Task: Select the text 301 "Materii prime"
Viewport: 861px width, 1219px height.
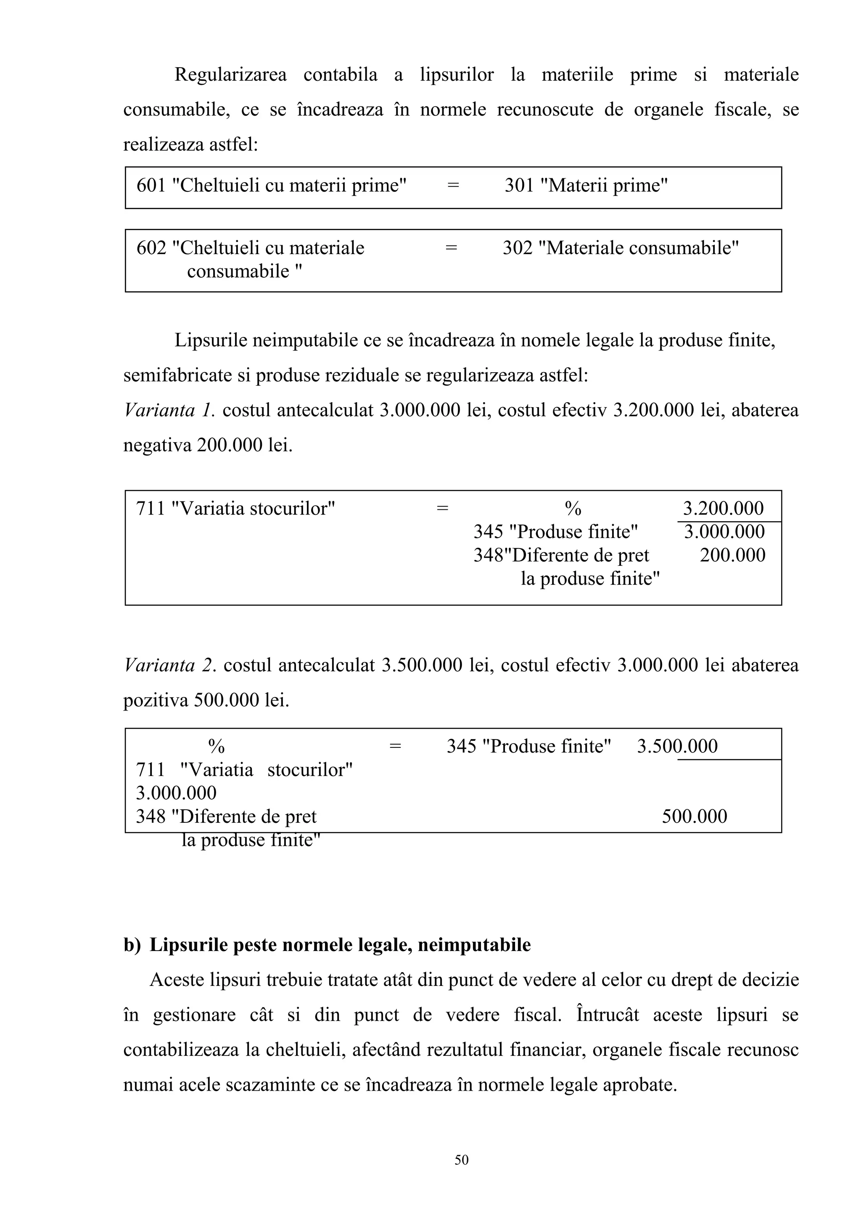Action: click(x=586, y=185)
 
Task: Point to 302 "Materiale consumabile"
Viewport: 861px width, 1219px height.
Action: click(x=620, y=248)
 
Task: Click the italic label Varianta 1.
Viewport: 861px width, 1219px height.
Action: click(x=169, y=411)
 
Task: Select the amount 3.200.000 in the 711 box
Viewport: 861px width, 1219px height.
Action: click(x=723, y=509)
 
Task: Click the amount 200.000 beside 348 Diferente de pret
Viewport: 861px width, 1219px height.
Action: click(x=732, y=555)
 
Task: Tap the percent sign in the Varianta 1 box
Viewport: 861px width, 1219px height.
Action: click(x=573, y=509)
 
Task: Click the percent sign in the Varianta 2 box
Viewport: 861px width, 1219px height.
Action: click(x=216, y=747)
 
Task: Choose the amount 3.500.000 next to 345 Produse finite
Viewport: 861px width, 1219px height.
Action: click(x=677, y=747)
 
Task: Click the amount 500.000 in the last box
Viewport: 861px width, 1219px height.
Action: click(x=694, y=816)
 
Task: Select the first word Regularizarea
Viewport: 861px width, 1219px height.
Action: click(x=230, y=75)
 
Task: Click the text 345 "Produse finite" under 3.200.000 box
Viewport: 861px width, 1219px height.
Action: click(x=555, y=532)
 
